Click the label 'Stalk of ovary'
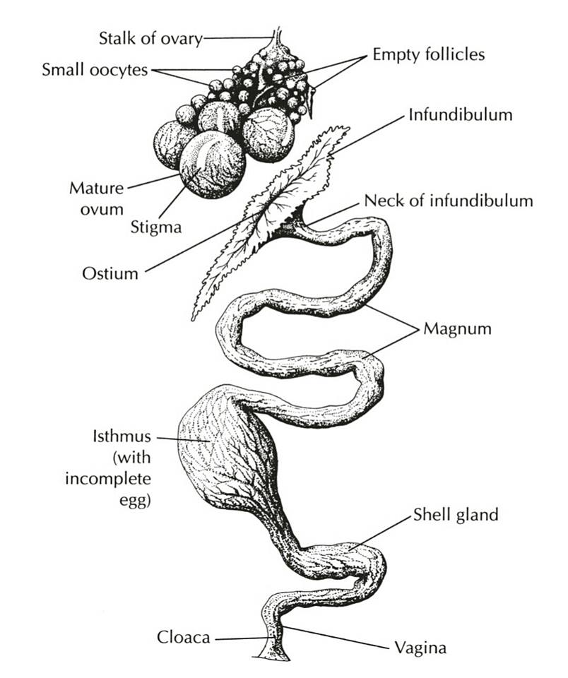[x=150, y=38]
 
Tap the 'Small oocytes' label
[x=95, y=70]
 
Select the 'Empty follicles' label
[x=429, y=55]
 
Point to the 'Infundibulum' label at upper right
[x=461, y=115]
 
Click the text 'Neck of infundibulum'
[x=449, y=201]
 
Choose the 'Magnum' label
[x=457, y=328]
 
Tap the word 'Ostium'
[x=110, y=273]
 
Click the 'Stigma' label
[x=155, y=227]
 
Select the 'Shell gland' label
[x=456, y=515]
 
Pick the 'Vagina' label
[x=420, y=648]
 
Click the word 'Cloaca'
[x=184, y=637]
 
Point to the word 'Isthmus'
[x=122, y=436]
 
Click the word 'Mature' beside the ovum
[x=97, y=189]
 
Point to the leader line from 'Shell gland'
[x=379, y=533]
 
